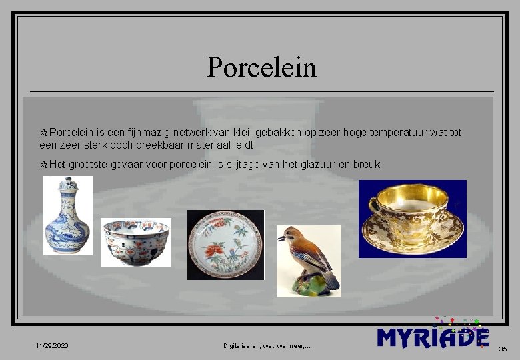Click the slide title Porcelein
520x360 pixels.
pyautogui.click(x=261, y=67)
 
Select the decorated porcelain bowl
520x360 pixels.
pyautogui.click(x=136, y=241)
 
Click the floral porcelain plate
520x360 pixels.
pyautogui.click(x=225, y=244)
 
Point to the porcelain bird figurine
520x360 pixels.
pyautogui.click(x=309, y=261)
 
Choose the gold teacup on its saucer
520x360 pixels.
pyautogui.click(x=412, y=218)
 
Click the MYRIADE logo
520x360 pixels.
pyautogui.click(x=433, y=337)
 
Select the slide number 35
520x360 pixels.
pyautogui.click(x=503, y=349)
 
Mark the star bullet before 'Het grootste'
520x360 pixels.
pyautogui.click(x=44, y=164)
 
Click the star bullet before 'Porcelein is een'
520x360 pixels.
pyautogui.click(x=44, y=133)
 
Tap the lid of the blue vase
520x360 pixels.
pyautogui.click(x=68, y=183)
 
